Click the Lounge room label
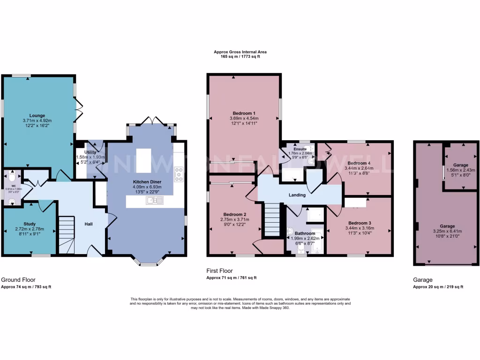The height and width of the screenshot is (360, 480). [x=37, y=115]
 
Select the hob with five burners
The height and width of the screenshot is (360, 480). [x=178, y=174]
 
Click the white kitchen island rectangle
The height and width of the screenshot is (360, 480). [x=143, y=158]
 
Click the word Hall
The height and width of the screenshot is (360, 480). [x=88, y=224]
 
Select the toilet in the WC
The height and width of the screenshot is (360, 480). [x=12, y=177]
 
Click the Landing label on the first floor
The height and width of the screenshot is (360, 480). [x=297, y=195]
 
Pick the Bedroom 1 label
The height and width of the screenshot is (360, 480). [x=244, y=113]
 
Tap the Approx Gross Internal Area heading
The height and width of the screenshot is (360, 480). [x=240, y=52]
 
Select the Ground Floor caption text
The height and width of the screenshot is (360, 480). [x=18, y=279]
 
